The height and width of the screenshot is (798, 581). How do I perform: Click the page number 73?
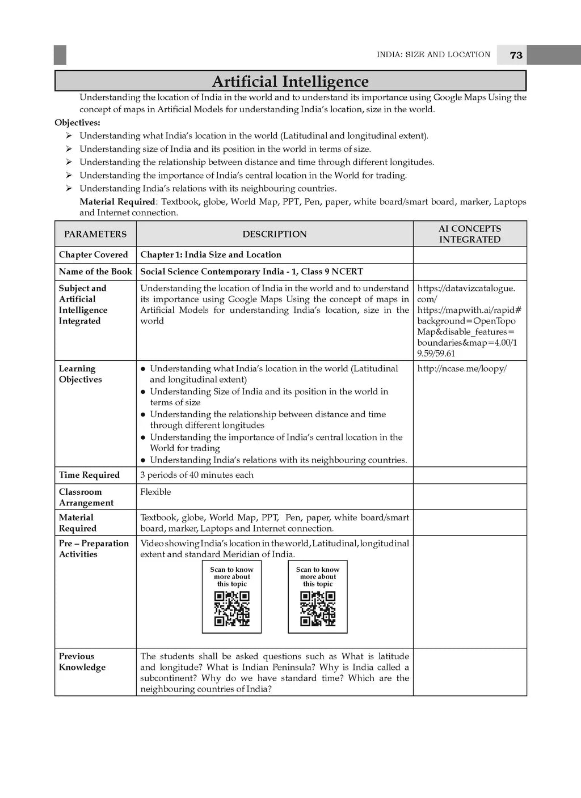tap(516, 55)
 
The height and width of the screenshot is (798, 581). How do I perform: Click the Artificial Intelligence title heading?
tap(290, 82)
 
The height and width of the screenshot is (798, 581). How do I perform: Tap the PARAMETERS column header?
tap(95, 234)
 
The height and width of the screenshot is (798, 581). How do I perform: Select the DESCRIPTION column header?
tap(275, 234)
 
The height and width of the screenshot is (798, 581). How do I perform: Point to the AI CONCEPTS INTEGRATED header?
tap(470, 234)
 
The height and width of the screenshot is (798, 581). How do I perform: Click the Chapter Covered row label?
tap(94, 255)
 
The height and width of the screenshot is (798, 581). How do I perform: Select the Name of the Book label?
tap(95, 271)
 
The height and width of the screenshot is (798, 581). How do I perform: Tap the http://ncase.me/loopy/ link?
tap(462, 369)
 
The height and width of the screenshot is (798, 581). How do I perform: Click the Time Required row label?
tap(89, 475)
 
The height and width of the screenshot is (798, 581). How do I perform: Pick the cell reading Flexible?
tap(155, 492)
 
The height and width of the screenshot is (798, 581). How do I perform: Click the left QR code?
tap(231, 609)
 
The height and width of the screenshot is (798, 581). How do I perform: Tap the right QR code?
tap(318, 609)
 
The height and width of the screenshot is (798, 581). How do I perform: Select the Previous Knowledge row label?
tap(82, 662)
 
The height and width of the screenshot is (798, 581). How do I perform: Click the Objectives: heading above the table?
tap(77, 122)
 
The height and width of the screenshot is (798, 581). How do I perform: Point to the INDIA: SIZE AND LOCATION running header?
tap(433, 55)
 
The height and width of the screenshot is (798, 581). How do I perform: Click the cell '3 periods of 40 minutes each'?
tap(197, 475)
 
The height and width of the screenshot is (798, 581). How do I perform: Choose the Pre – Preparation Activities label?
tap(94, 549)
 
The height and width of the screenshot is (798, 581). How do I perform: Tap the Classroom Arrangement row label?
tap(86, 498)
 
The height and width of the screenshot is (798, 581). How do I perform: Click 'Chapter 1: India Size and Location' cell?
tap(210, 255)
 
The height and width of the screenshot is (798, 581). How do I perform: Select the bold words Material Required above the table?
tap(117, 202)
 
